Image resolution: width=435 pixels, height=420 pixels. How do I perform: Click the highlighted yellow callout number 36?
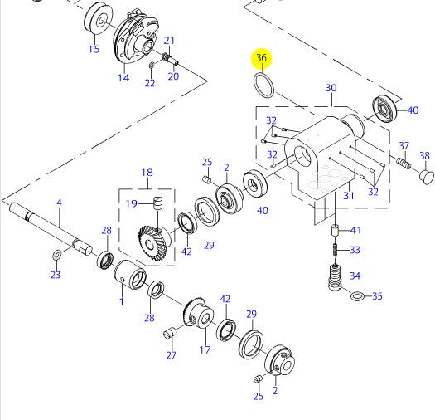pyautogui.click(x=262, y=58)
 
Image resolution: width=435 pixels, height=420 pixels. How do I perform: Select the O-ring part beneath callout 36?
pyautogui.click(x=263, y=85)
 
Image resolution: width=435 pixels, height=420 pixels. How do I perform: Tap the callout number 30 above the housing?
pyautogui.click(x=331, y=88)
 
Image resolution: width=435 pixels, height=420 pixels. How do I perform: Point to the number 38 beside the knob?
pyautogui.click(x=424, y=155)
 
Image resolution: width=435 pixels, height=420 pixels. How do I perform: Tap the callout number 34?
pyautogui.click(x=355, y=276)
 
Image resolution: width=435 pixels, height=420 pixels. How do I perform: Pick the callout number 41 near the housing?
pyautogui.click(x=356, y=230)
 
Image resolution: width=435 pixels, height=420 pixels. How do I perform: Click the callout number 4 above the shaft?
pyautogui.click(x=59, y=203)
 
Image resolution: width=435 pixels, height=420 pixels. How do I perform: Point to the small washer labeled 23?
pyautogui.click(x=56, y=254)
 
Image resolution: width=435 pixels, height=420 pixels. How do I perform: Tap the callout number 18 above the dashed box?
pyautogui.click(x=147, y=173)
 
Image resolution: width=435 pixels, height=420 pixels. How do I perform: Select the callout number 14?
pyautogui.click(x=123, y=78)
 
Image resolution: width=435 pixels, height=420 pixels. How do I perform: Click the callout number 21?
pyautogui.click(x=169, y=41)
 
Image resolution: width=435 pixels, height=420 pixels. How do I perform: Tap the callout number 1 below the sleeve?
pyautogui.click(x=121, y=301)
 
